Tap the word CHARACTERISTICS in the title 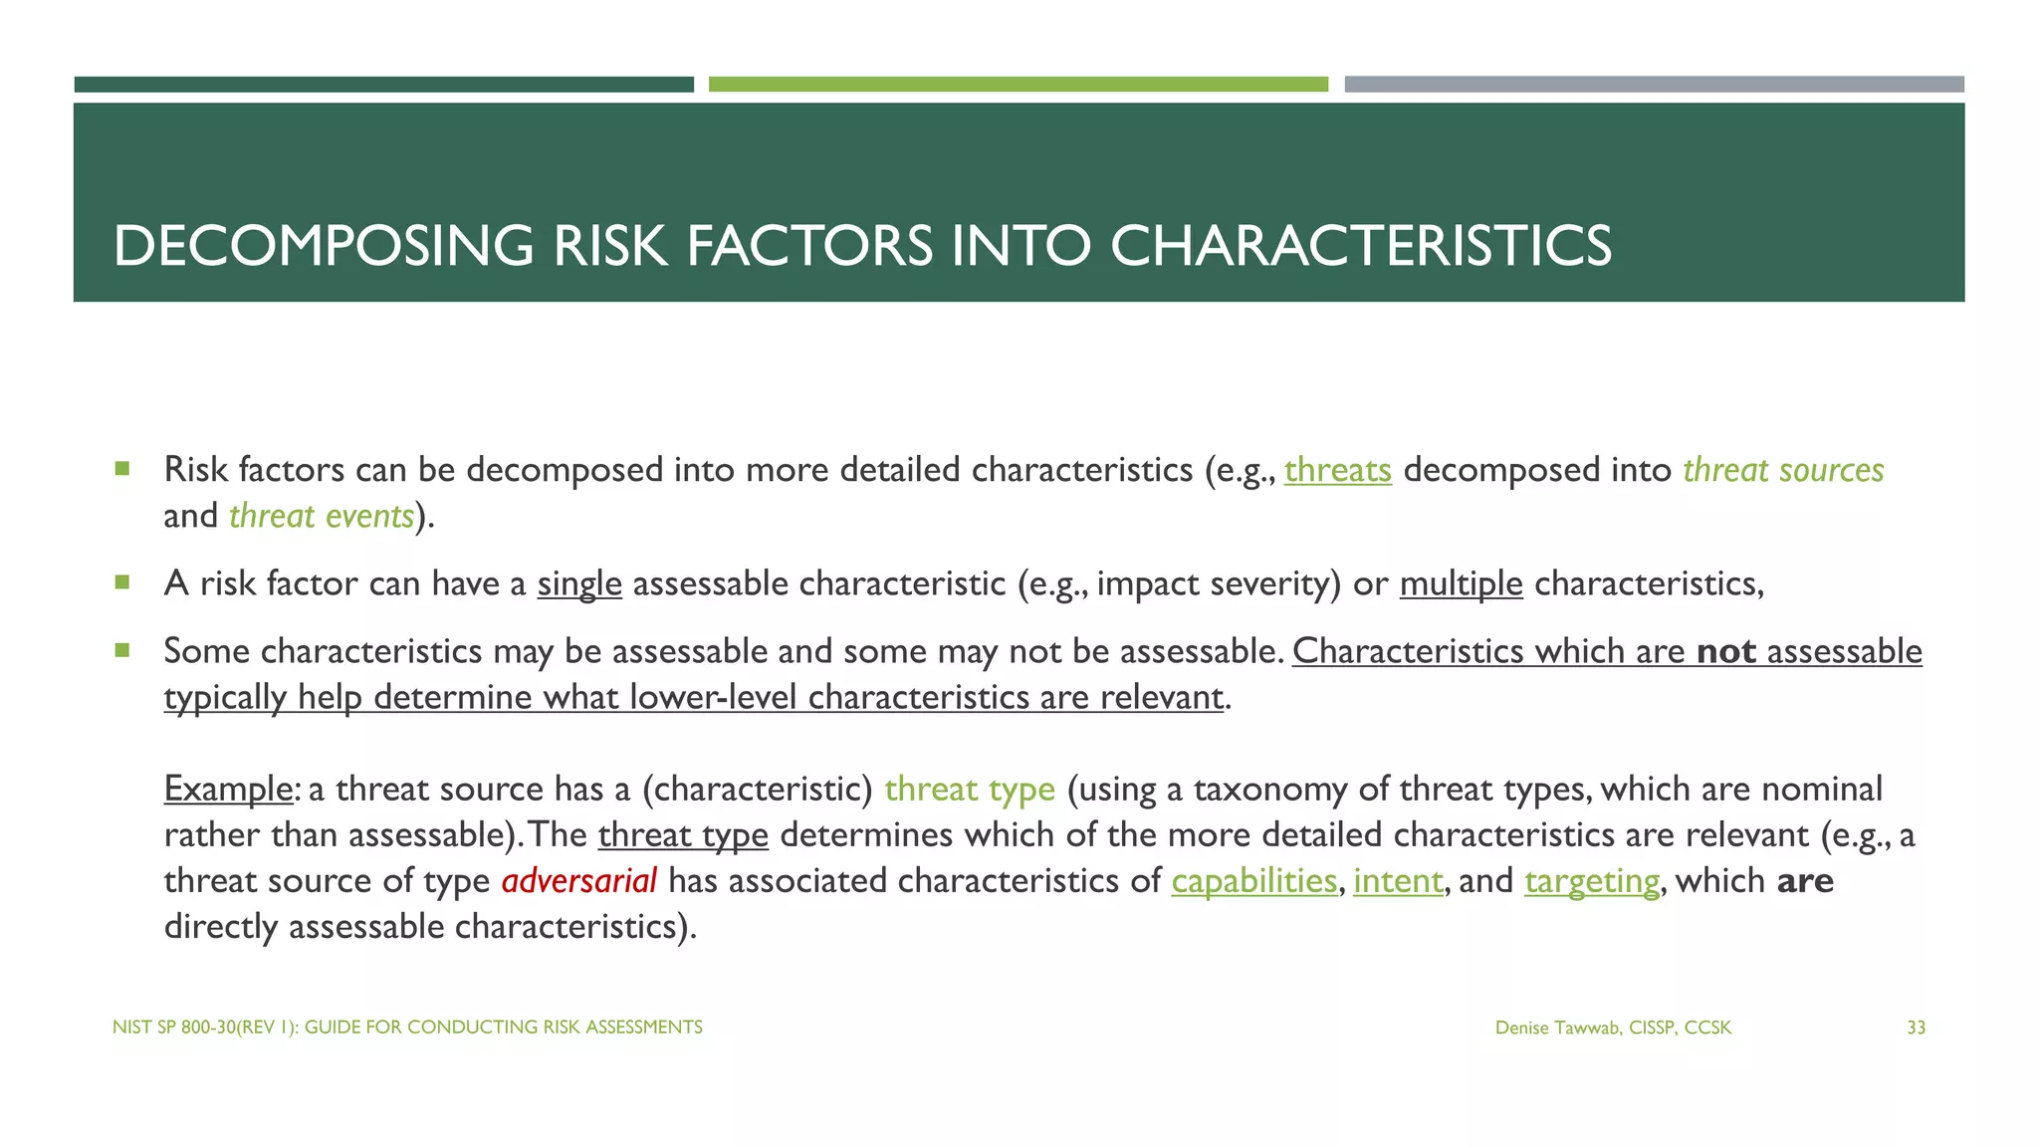[x=1360, y=246]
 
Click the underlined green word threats [x=1337, y=470]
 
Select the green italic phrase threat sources [x=1783, y=470]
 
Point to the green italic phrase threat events [x=321, y=516]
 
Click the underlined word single [x=579, y=583]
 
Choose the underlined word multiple [x=1461, y=583]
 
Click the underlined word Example [x=228, y=789]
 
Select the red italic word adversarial [x=578, y=881]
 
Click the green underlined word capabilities [x=1253, y=881]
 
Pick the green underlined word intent [x=1398, y=881]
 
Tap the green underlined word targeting [x=1592, y=881]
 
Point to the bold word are [x=1805, y=881]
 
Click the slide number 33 [x=1916, y=1028]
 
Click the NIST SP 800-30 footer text [x=407, y=1027]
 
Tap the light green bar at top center [x=1018, y=85]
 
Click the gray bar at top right [x=1654, y=85]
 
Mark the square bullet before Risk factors [x=122, y=468]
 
